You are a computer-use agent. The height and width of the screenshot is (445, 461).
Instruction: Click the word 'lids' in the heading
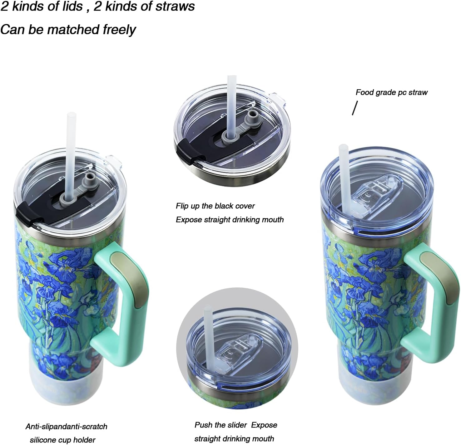pos(72,7)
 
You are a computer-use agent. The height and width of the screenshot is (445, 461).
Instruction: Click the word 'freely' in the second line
pos(120,30)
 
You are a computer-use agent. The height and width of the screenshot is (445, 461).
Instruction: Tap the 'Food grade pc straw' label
pos(391,92)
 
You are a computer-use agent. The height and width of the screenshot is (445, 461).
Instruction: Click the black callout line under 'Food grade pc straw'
pos(354,108)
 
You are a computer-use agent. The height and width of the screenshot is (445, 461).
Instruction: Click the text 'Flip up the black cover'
pos(215,206)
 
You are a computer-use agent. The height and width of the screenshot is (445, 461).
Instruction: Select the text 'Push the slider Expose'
pos(236,425)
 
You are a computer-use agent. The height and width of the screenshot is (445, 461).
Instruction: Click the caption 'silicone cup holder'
pos(62,440)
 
